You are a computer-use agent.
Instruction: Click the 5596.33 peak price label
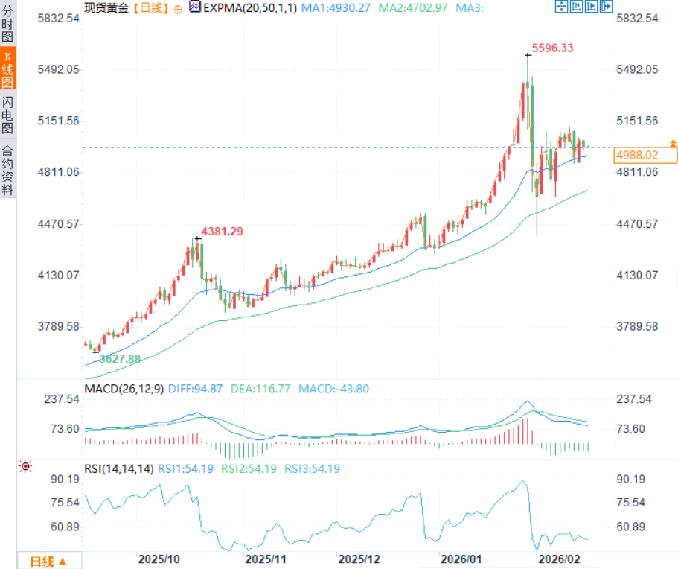pyautogui.click(x=553, y=48)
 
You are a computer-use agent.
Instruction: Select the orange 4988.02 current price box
pyautogui.click(x=645, y=155)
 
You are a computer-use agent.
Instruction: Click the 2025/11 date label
pyautogui.click(x=266, y=559)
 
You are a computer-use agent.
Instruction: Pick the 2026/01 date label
pyautogui.click(x=461, y=559)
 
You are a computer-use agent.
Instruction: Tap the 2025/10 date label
pyautogui.click(x=160, y=559)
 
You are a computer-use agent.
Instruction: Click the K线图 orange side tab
pyautogui.click(x=7, y=71)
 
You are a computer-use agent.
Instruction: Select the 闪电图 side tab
pyautogui.click(x=7, y=116)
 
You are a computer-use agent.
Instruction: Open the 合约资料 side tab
pyautogui.click(x=7, y=169)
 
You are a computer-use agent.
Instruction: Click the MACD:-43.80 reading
pyautogui.click(x=333, y=388)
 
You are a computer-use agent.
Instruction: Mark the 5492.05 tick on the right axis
pyautogui.click(x=637, y=69)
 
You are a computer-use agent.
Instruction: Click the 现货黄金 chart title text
pyautogui.click(x=106, y=7)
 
